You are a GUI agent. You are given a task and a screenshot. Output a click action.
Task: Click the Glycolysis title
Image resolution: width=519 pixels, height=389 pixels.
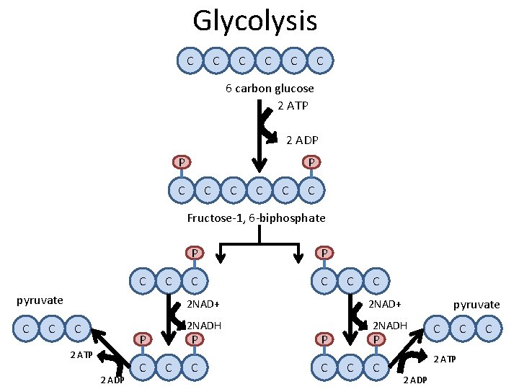tap(254, 20)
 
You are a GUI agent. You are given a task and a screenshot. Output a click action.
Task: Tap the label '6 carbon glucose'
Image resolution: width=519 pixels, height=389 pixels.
tap(270, 89)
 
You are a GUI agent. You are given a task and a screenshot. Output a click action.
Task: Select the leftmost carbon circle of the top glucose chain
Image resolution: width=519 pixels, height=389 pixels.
tap(190, 61)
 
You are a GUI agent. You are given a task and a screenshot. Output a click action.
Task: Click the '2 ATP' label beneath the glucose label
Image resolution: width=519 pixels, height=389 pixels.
tap(293, 106)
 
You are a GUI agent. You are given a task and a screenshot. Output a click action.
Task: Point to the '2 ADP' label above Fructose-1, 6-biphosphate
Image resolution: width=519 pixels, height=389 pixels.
tap(303, 140)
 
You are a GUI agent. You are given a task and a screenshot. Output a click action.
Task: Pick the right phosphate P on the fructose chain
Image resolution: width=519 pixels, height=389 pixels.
tap(311, 162)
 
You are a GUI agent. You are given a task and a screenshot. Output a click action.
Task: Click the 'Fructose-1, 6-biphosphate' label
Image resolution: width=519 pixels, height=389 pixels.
tap(256, 218)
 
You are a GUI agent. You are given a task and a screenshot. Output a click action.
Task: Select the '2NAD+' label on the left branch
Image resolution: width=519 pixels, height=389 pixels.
tap(203, 304)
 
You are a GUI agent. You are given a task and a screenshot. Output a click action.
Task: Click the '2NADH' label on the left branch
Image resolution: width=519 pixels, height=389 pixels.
tap(204, 325)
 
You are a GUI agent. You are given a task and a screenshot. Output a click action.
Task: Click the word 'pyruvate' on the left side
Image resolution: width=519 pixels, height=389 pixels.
tap(40, 300)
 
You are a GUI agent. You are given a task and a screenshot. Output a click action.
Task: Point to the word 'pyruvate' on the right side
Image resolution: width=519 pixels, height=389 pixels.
tap(476, 305)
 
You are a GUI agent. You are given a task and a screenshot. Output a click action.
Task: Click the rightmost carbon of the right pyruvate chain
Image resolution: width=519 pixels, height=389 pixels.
tap(489, 329)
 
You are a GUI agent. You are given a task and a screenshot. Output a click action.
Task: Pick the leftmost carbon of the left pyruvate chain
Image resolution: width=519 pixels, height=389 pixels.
tap(27, 329)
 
